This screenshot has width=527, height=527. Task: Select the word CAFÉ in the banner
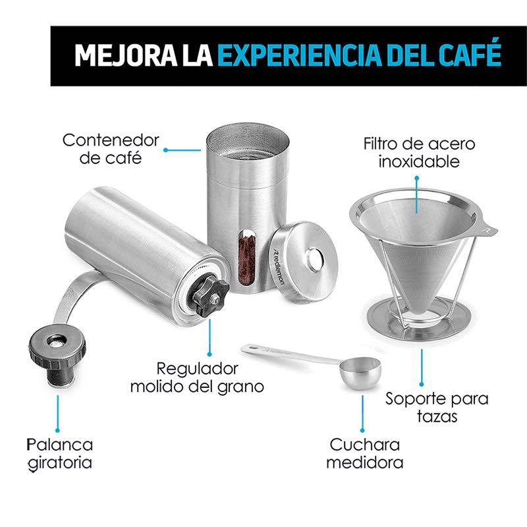click(469, 55)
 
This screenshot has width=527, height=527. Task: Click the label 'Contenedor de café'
click(111, 149)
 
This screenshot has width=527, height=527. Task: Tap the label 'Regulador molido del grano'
click(196, 377)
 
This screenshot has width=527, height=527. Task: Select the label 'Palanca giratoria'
click(60, 453)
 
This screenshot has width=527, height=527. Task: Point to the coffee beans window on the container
click(246, 256)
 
